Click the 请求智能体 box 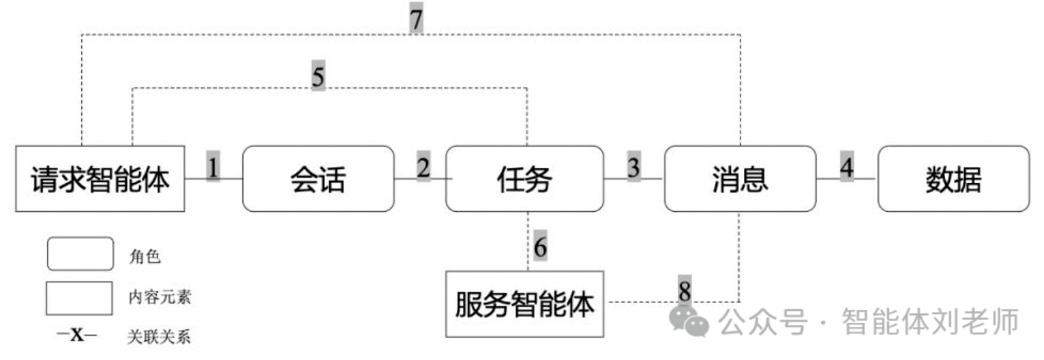point(100,178)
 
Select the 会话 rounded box point(318,179)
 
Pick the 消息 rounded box point(740,179)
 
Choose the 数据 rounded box point(953,179)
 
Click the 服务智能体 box point(524,304)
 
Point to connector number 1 point(214,167)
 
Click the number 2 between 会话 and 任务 point(423,167)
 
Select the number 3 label point(634,167)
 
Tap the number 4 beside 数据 point(846,167)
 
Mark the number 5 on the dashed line point(318,77)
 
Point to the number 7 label point(416,19)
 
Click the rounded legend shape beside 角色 point(80,254)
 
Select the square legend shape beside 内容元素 point(80,298)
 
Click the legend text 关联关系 point(159,336)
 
